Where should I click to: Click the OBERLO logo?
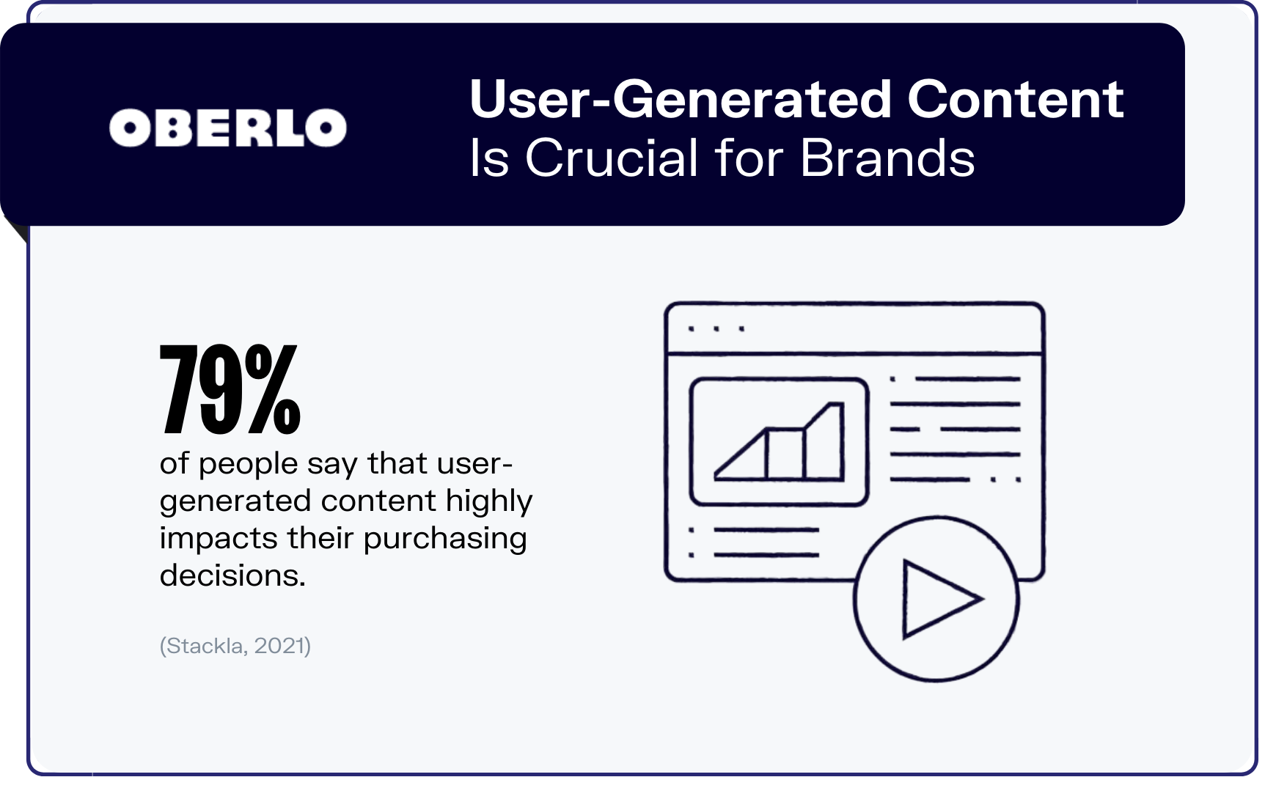coord(227,128)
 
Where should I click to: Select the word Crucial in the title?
coord(612,158)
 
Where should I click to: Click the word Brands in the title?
coord(887,158)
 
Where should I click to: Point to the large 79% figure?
coord(230,389)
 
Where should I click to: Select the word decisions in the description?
coord(232,575)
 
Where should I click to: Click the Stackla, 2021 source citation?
coord(235,646)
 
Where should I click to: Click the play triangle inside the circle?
coord(939,599)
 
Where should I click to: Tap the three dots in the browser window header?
coord(716,329)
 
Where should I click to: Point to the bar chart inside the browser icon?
coord(779,441)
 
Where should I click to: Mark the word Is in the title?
coord(489,158)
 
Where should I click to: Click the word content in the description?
coord(378,501)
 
